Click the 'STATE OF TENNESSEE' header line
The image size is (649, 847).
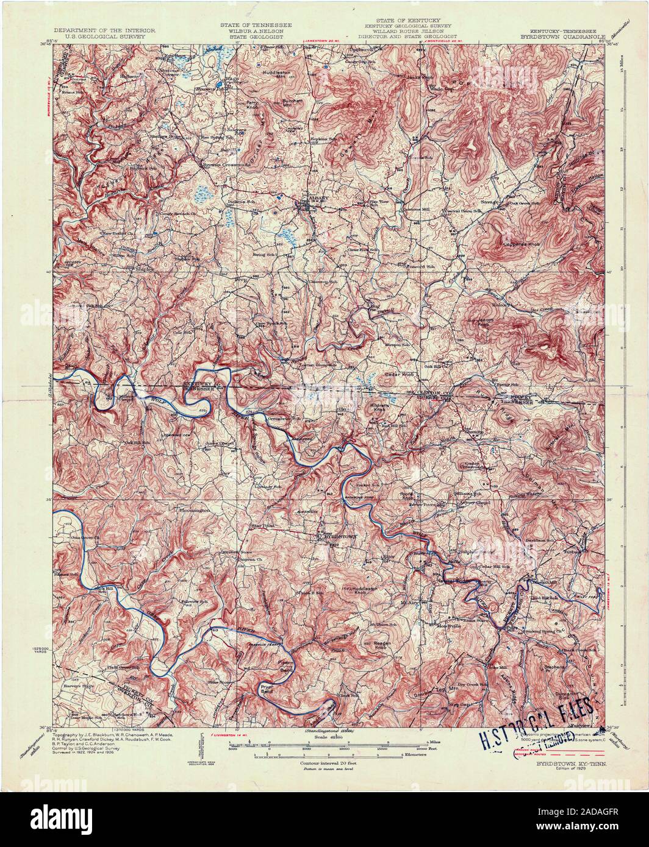[256, 24]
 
